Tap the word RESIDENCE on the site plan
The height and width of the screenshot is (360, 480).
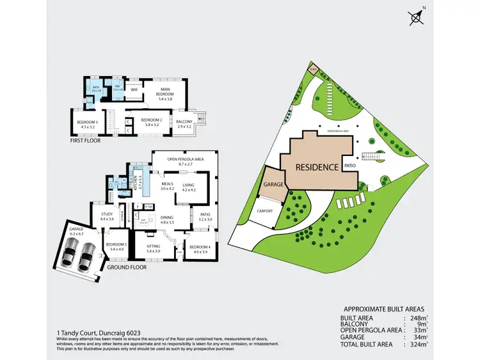[316, 167]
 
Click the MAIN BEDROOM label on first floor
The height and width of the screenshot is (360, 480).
[165, 92]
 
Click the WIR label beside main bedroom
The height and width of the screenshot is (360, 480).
[134, 90]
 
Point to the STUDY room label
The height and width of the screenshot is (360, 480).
[106, 217]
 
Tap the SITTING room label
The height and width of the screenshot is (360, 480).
[153, 247]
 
